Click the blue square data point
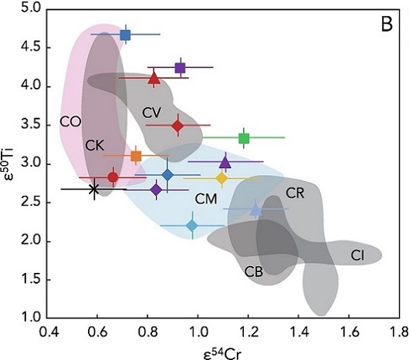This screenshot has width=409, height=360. pos(125,35)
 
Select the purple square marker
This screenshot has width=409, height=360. pos(180,68)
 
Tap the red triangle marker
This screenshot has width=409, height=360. pos(154,77)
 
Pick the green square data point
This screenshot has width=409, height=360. pos(244,138)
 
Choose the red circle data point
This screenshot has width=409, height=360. pos(113,177)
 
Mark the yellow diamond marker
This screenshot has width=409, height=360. pos(221,178)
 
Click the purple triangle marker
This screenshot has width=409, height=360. pos(225,162)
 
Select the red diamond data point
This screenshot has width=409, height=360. pos(177,125)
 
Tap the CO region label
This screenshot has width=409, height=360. pos(70,122)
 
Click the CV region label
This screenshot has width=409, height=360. pos(152,113)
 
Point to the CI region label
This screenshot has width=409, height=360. pos(357,254)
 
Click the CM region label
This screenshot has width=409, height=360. pos(204,199)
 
